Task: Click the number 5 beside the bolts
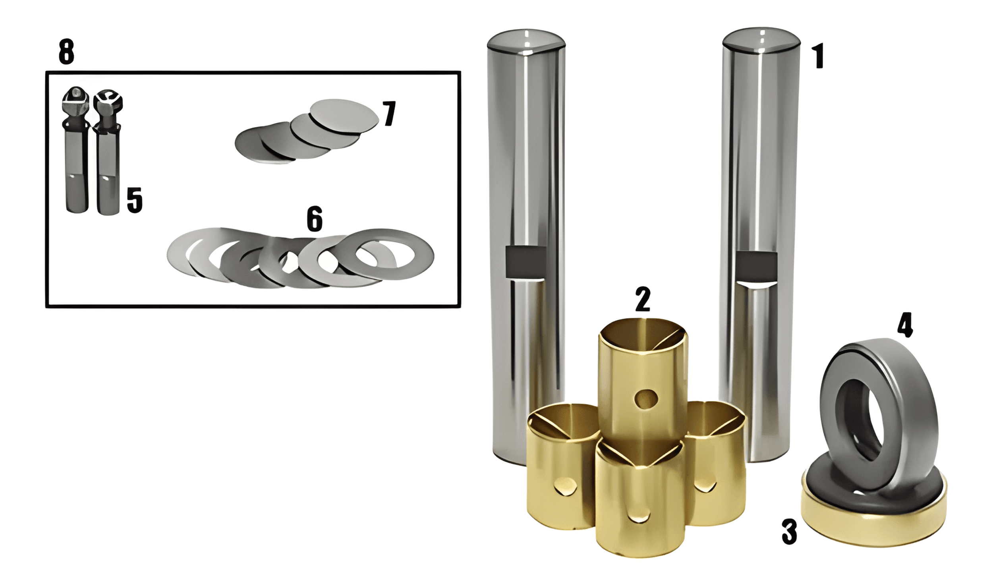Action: (x=134, y=201)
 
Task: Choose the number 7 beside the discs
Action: (x=389, y=114)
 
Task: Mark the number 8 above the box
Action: (x=66, y=52)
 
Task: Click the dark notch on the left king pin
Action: (x=525, y=261)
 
